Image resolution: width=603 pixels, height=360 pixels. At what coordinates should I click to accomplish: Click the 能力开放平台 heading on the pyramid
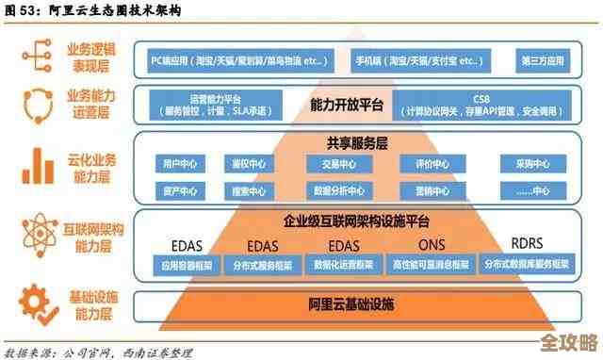[x=347, y=106]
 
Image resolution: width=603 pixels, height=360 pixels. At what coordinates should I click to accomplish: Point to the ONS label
[x=432, y=244]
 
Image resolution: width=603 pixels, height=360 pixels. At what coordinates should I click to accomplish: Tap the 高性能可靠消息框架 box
[x=431, y=265]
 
